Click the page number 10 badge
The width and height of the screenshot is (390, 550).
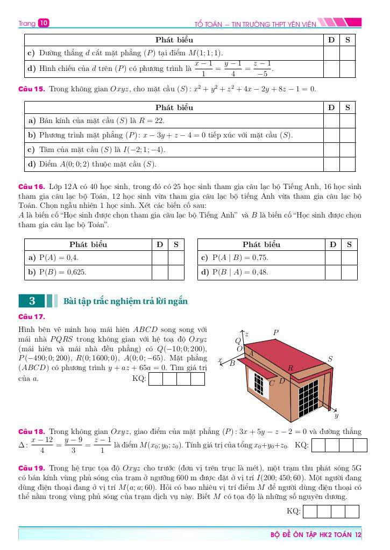pos(44,23)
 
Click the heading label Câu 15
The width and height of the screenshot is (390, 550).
pos(32,89)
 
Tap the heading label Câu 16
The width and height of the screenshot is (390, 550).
pos(32,187)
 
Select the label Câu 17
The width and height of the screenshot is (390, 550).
pos(32,316)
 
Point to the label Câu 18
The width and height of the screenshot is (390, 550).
pos(32,431)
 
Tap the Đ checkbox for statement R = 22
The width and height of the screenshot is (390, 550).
pos(331,121)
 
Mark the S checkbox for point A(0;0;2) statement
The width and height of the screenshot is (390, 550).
pos(348,164)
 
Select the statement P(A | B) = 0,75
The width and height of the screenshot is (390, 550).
pos(235,258)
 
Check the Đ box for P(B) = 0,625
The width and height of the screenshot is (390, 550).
pos(160,272)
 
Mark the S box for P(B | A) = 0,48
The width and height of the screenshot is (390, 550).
pos(349,272)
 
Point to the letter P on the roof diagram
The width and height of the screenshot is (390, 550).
pos(276,333)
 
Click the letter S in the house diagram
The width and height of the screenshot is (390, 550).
pos(330,359)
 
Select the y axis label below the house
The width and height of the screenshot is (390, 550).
pos(336,416)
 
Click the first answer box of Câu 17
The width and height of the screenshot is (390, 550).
pos(155,379)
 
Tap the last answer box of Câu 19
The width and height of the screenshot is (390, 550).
pos(352,511)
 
